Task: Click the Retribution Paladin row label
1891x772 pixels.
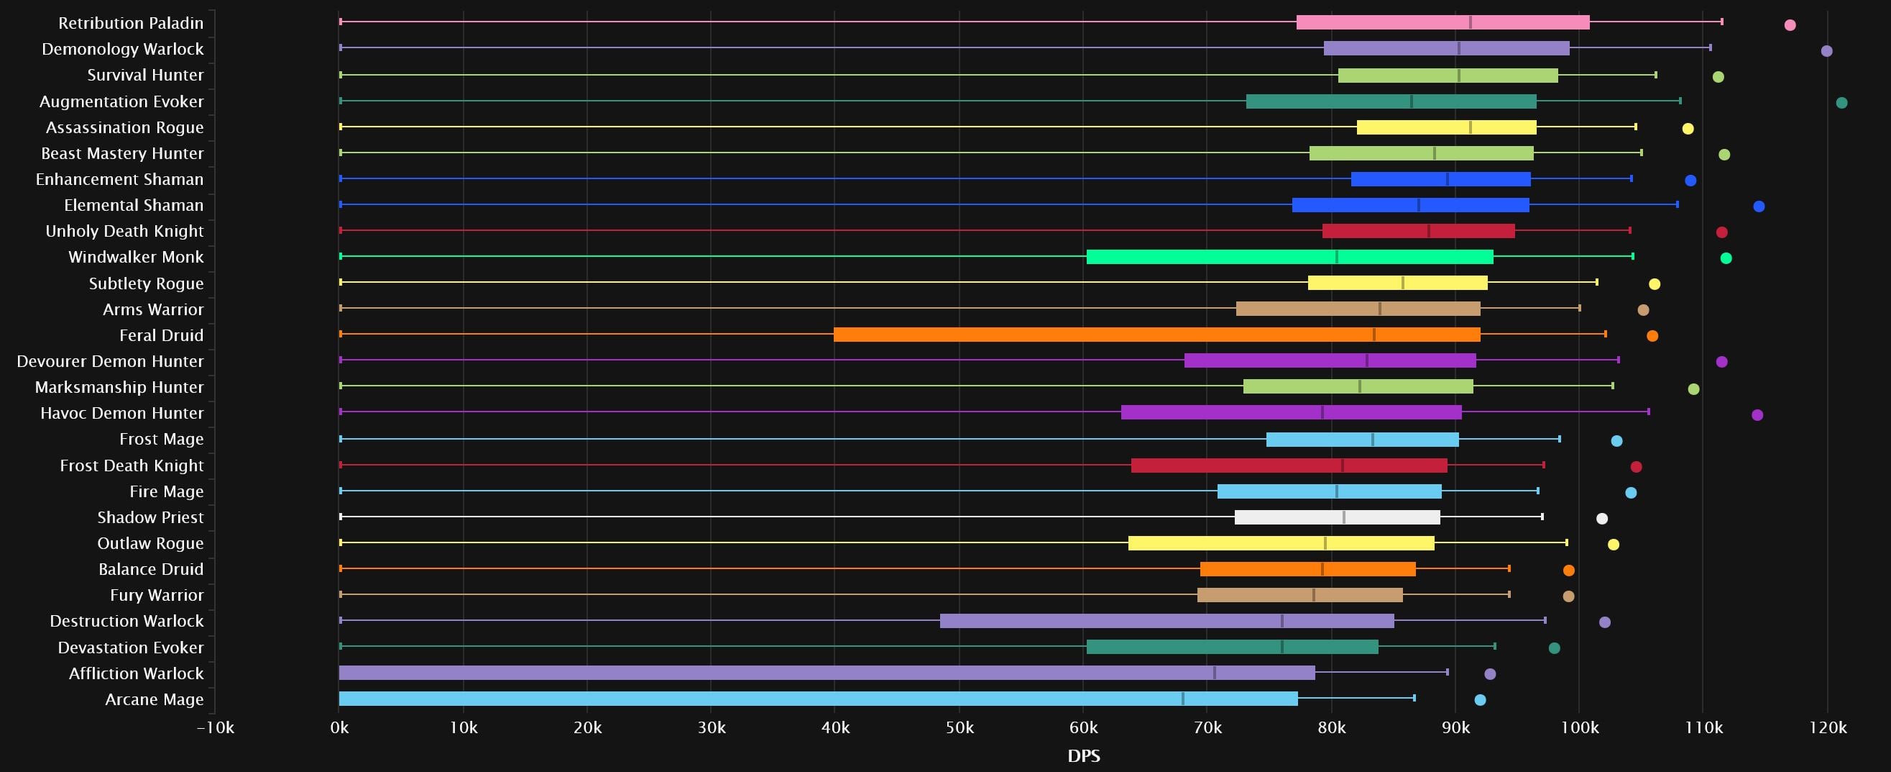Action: (131, 23)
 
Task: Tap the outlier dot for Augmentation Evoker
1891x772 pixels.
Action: (1841, 103)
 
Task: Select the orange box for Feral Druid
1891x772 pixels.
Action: (1156, 335)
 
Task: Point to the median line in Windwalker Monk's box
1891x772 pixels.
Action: (1337, 257)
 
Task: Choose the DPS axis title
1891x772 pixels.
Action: (1084, 756)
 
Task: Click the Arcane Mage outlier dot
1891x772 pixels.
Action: (1480, 700)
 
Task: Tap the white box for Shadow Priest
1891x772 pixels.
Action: (1337, 517)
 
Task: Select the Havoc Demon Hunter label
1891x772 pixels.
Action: (122, 413)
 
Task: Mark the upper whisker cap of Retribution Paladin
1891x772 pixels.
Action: (1722, 22)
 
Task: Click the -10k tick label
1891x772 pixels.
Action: (216, 728)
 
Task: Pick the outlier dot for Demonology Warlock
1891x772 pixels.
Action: (1826, 50)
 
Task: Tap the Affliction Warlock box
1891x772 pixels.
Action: (827, 673)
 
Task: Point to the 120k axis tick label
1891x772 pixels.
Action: (1827, 728)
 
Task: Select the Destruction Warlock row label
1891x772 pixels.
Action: (126, 621)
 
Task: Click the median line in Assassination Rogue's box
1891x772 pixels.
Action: (1471, 127)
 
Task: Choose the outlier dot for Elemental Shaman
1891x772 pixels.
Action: (1758, 206)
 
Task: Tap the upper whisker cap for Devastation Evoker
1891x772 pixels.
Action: (1494, 646)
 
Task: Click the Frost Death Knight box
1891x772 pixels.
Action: (1289, 466)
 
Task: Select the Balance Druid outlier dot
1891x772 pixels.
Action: (1569, 570)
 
